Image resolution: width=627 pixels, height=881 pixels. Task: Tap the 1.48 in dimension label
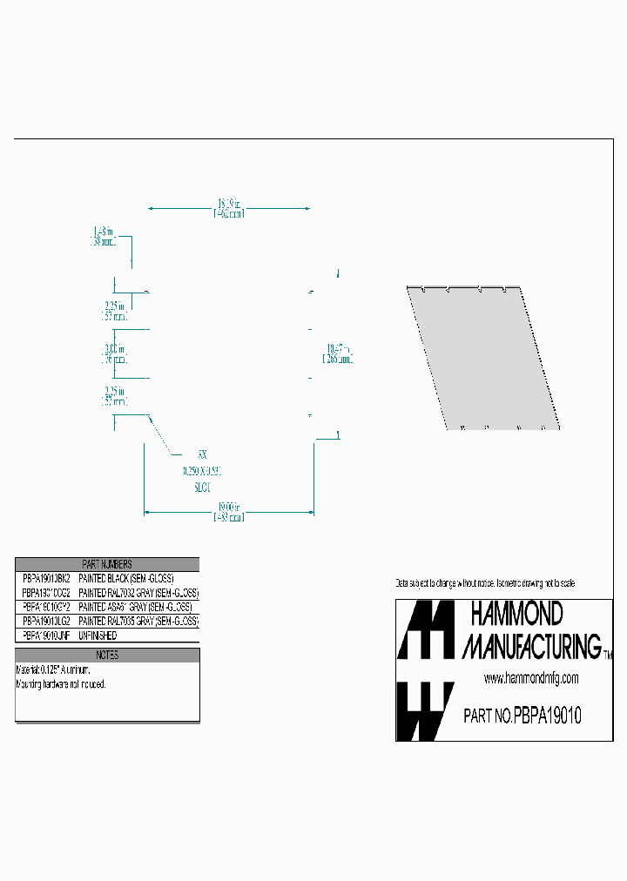104,237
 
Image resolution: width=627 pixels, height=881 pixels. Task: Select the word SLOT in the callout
202,488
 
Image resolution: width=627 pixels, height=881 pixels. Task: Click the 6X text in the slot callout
202,454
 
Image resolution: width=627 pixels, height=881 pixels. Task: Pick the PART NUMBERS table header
107,565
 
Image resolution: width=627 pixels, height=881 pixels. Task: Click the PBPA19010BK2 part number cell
45,578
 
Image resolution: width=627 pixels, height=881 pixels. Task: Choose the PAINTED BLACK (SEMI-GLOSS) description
126,578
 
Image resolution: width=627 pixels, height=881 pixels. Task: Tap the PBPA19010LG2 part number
45,621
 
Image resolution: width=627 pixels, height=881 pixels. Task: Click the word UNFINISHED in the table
98,636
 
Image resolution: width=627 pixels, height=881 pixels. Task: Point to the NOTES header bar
107,655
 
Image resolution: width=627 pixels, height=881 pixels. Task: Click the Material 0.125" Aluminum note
53,670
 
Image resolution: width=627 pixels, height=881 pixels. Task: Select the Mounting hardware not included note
61,684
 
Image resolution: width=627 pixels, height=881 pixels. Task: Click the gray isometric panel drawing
483,357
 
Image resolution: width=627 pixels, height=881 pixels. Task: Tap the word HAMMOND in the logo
516,615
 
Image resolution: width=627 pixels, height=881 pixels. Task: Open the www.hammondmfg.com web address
530,678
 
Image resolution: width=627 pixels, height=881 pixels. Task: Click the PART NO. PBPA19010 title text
522,716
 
